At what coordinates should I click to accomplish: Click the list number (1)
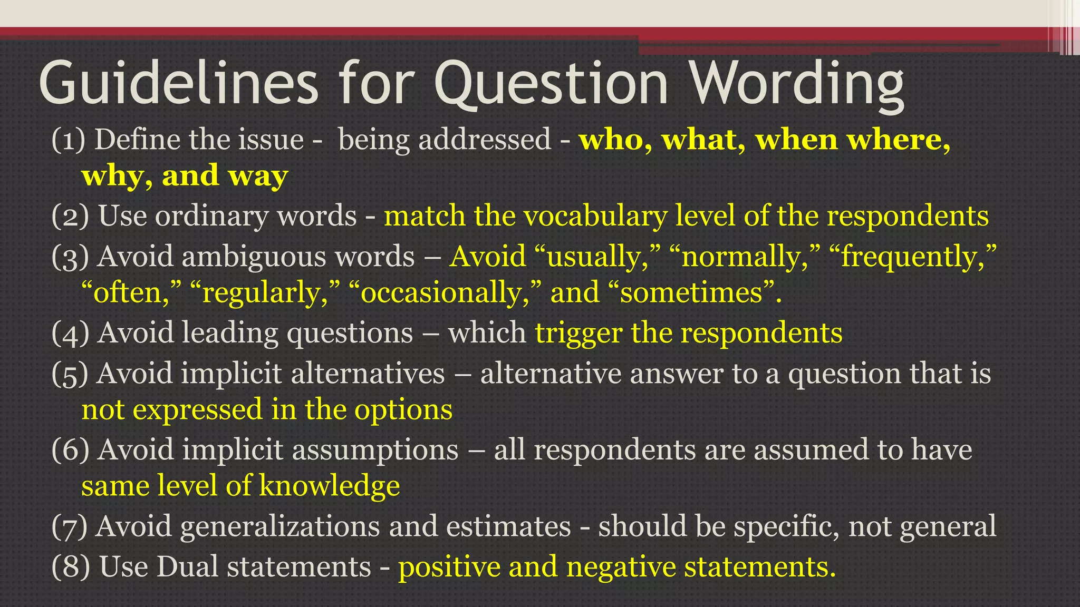(69, 140)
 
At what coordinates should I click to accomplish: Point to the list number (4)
(70, 334)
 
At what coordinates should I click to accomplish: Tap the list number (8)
(71, 567)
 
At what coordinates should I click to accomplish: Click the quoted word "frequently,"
(913, 257)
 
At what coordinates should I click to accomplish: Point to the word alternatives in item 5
(368, 374)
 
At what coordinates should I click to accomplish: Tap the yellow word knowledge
(330, 486)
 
